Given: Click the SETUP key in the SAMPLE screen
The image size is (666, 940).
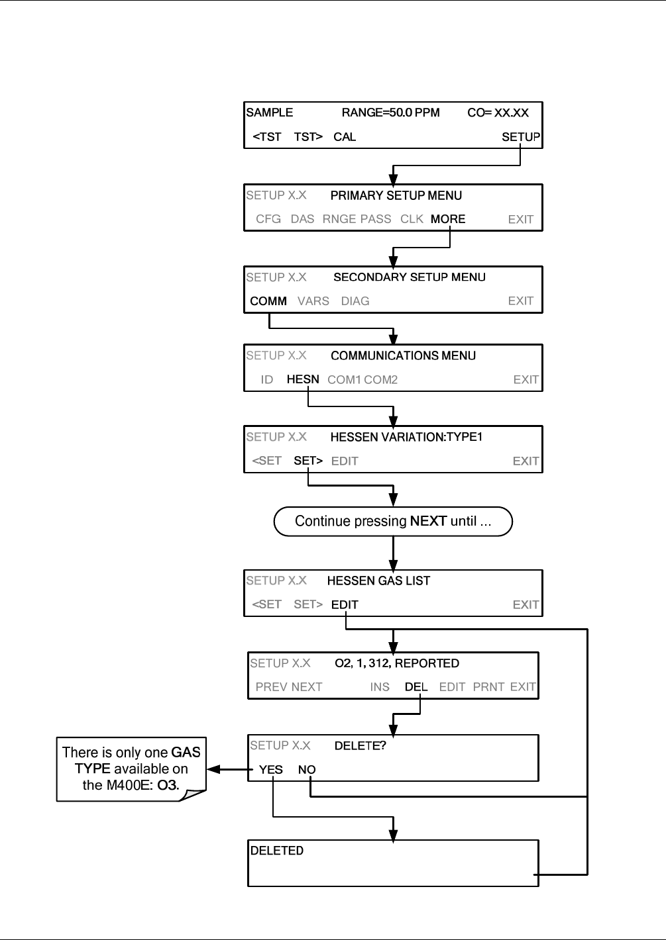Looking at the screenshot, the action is [x=521, y=137].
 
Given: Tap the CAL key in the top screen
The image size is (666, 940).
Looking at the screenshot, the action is [x=345, y=137].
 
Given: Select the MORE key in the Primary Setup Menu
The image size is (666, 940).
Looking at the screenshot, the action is [x=448, y=219].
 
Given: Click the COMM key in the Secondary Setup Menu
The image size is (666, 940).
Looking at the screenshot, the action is [x=268, y=301].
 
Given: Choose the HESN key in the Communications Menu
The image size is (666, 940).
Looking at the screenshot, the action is [x=303, y=379].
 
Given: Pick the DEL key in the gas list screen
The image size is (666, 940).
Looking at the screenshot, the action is [x=416, y=687].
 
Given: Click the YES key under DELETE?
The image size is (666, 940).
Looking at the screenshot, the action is [x=271, y=770].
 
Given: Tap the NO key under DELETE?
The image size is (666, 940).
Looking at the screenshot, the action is [x=307, y=770].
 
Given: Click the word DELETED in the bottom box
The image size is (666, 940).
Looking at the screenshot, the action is [x=277, y=851].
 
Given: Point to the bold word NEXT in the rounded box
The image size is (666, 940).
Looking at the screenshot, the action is [x=428, y=521].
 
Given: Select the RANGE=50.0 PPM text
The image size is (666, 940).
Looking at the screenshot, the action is [x=391, y=113].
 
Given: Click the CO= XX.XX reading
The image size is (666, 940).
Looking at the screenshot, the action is [x=498, y=113].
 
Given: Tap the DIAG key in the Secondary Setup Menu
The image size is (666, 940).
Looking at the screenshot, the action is [x=355, y=301].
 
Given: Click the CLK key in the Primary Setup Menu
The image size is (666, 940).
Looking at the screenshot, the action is [x=412, y=219].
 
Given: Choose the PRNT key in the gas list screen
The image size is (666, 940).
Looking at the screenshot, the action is [x=488, y=687].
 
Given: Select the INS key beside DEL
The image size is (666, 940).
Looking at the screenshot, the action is [x=380, y=687].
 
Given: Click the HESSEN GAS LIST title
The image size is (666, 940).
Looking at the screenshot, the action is [x=378, y=581].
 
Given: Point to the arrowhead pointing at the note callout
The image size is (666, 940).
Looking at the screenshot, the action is [x=214, y=769].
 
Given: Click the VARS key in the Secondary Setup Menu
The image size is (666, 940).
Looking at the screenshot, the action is [x=313, y=301].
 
